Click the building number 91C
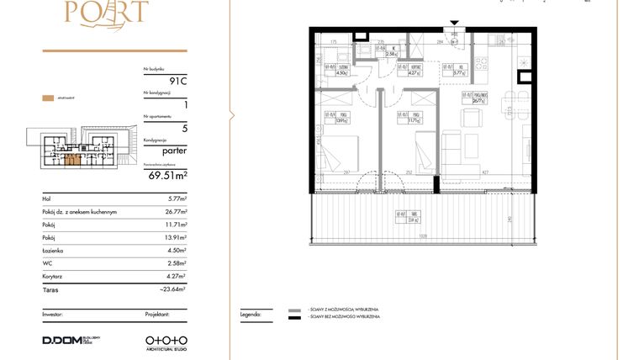pyautogui.click(x=177, y=81)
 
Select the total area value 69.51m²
pyautogui.click(x=167, y=176)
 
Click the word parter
pyautogui.click(x=172, y=153)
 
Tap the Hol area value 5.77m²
pyautogui.click(x=177, y=199)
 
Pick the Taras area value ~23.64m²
pyautogui.click(x=174, y=289)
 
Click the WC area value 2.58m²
pyautogui.click(x=177, y=263)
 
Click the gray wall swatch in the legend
pyautogui.click(x=293, y=310)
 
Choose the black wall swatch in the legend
pyautogui.click(x=293, y=319)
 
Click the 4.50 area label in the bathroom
pyautogui.click(x=342, y=72)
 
